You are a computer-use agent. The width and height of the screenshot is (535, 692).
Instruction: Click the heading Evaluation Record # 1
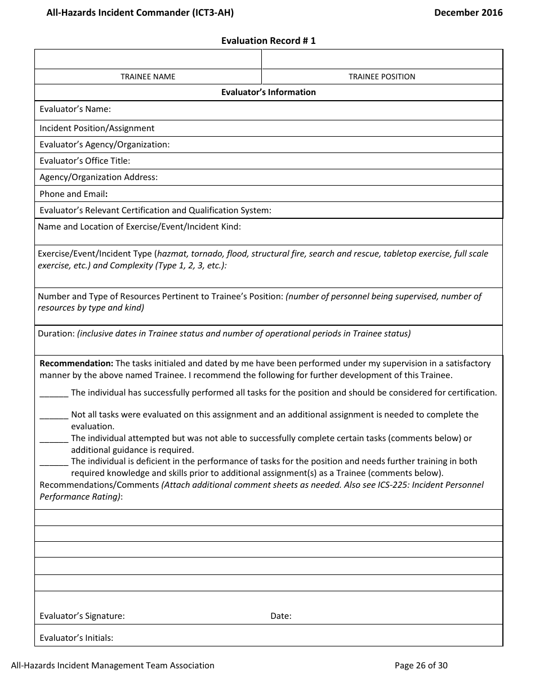pos(268,41)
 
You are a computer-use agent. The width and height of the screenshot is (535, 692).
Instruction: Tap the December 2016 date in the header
pos(468,12)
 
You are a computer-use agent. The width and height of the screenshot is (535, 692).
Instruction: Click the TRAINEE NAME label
pos(148,77)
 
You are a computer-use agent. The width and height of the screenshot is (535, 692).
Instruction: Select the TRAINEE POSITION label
pos(382,77)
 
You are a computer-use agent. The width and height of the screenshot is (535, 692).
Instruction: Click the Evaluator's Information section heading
pos(268,92)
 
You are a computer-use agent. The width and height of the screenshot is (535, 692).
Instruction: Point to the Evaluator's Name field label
pos(75,109)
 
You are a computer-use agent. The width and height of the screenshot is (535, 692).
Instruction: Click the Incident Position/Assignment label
pos(97,128)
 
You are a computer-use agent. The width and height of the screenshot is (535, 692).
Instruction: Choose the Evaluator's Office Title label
pos(84,161)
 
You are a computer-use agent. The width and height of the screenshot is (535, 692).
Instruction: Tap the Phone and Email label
pos(73,194)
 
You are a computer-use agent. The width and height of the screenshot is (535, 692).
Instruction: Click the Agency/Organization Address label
pos(99,177)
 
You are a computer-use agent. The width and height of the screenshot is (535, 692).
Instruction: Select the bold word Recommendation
pos(76,363)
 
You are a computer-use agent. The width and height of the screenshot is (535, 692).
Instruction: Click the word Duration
pos(56,334)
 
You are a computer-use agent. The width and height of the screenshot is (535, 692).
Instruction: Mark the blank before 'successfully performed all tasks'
pos(54,393)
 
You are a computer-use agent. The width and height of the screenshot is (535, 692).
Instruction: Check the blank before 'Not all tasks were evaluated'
pos(54,415)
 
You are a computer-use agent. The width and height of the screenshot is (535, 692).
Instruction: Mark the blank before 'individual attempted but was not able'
pos(54,439)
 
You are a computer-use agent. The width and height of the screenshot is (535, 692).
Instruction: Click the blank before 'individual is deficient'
pos(54,462)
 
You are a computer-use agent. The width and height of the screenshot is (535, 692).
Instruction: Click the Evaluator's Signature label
pos(82,616)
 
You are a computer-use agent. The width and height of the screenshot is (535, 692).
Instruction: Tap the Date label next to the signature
pos(280,616)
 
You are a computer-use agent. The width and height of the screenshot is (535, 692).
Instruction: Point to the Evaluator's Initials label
pos(76,638)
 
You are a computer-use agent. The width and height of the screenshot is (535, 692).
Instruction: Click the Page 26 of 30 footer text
pos(421,666)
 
